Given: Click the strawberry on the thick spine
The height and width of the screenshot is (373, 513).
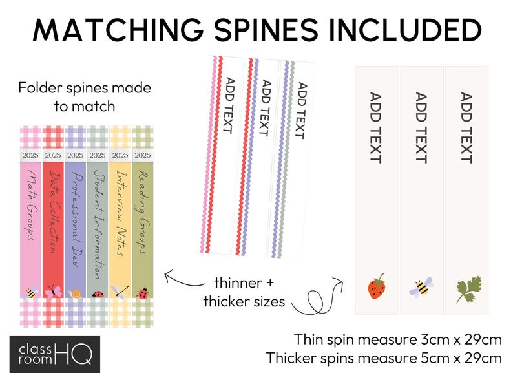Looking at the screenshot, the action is (377, 286).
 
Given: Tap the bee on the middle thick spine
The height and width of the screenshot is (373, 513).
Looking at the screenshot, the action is (421, 287).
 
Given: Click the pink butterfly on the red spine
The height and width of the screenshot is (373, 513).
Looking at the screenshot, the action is (53, 292).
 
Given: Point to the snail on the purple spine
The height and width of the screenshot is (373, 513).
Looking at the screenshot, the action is (76, 293).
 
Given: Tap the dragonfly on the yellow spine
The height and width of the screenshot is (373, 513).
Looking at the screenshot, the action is (120, 292).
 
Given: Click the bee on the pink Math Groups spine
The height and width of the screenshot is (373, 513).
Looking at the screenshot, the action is (31, 292).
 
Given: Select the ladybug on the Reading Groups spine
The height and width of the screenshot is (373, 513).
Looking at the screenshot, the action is (143, 293).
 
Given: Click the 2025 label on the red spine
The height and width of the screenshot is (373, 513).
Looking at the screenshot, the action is (53, 155).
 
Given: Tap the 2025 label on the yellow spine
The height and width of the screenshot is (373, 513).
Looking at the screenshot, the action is (120, 155).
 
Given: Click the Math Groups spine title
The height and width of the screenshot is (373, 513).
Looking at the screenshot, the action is (32, 205).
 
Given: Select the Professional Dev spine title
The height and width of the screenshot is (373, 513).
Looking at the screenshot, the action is (76, 218).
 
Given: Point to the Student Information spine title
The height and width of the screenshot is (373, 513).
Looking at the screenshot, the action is (98, 224).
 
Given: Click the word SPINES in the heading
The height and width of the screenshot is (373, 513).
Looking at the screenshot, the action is (266, 30).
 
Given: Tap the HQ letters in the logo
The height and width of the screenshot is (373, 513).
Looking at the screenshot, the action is (74, 354).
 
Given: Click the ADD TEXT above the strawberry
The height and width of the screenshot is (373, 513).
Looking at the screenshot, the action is (375, 127).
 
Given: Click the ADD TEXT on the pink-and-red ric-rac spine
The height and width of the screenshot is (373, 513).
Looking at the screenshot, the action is (229, 105).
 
